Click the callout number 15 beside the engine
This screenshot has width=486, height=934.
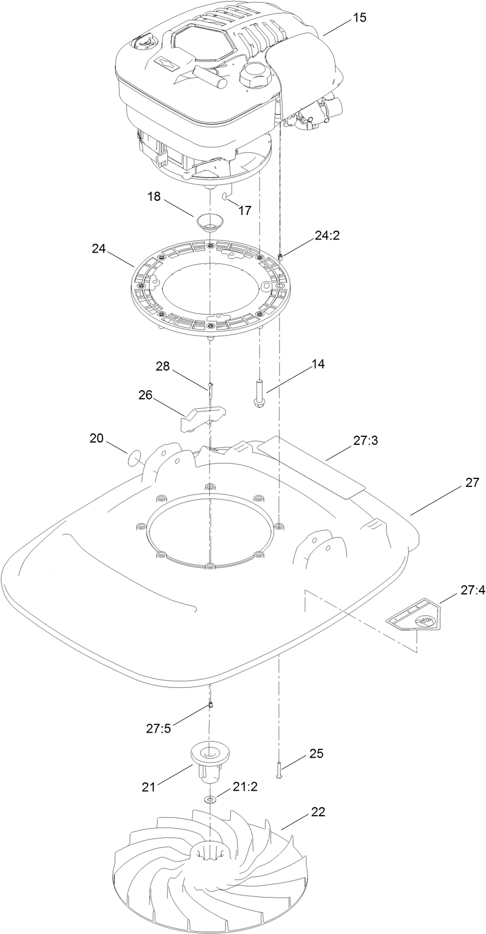click(x=359, y=18)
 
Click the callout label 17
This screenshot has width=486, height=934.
click(x=244, y=210)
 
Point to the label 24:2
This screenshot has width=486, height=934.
click(x=327, y=235)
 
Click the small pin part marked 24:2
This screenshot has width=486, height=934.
click(x=281, y=259)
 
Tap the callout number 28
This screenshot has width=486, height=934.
click(x=164, y=367)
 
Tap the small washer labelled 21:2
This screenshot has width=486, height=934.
click(x=210, y=800)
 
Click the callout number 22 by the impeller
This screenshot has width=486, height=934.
click(x=318, y=812)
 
